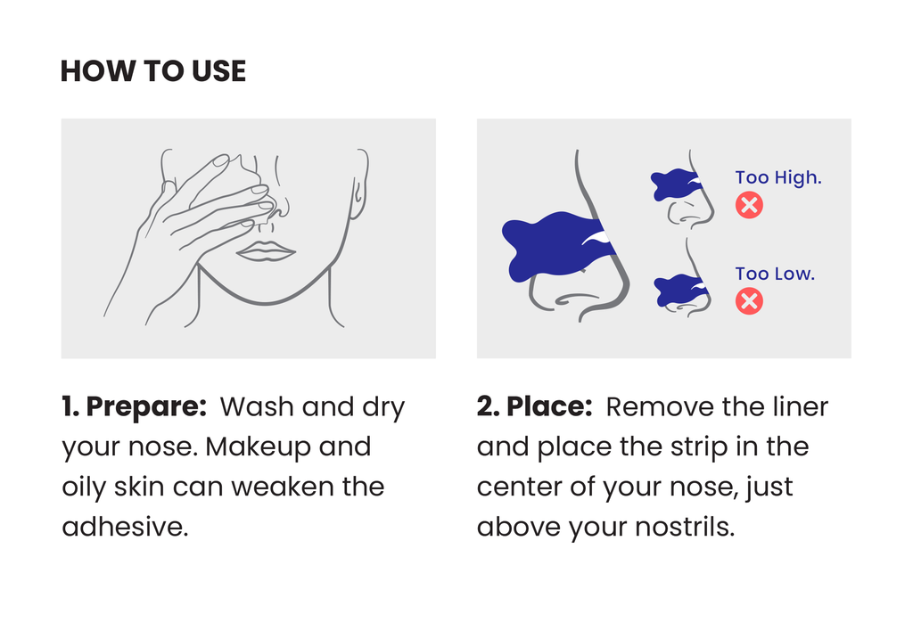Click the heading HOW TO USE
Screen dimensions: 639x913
(152, 71)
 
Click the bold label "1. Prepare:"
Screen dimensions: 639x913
(135, 407)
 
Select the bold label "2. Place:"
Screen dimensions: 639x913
(535, 407)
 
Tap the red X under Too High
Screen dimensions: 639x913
(749, 206)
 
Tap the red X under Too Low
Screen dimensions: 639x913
(749, 301)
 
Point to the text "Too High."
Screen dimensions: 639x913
(778, 177)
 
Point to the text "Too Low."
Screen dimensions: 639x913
(775, 274)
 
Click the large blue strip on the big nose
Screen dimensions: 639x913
(548, 245)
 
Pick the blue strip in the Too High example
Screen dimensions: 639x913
(673, 184)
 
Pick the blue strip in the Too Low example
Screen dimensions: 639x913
(678, 291)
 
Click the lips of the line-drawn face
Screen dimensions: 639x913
(265, 251)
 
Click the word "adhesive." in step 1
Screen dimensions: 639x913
(125, 527)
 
